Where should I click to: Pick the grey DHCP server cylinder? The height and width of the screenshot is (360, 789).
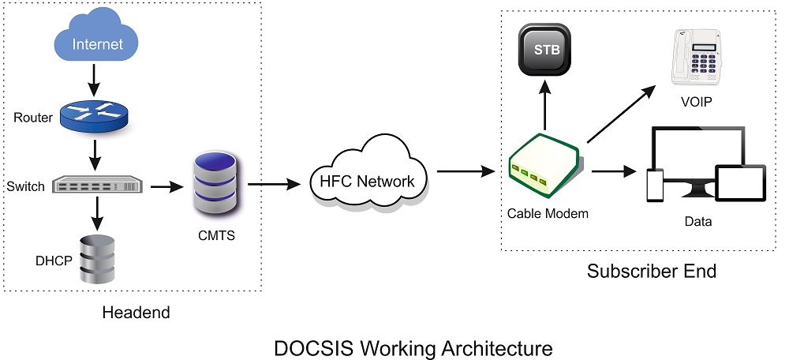click(95, 259)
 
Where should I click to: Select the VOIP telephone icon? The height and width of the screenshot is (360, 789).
click(697, 57)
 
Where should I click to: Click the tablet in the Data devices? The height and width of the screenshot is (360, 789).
click(739, 185)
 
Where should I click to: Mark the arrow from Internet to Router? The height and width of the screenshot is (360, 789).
click(95, 77)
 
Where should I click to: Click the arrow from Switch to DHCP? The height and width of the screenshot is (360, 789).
click(95, 212)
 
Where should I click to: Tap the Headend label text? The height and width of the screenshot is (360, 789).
click(136, 312)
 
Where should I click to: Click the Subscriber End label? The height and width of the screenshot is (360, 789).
click(651, 271)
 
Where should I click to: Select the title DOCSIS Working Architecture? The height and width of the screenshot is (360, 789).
click(413, 347)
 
